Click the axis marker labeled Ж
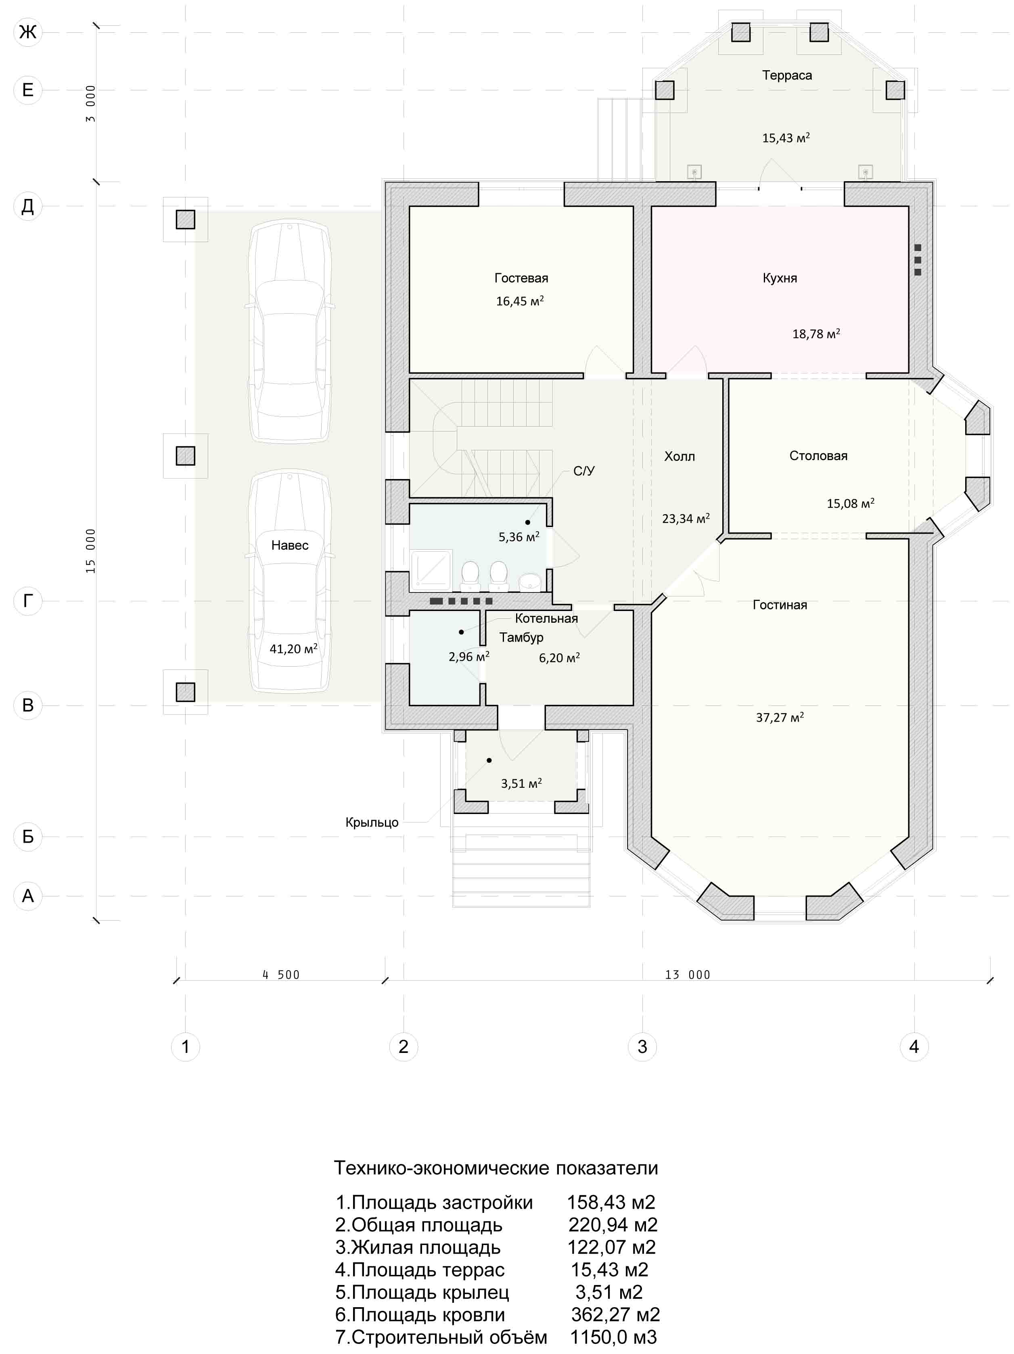click(27, 32)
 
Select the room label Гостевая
click(521, 278)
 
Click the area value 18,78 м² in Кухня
click(816, 334)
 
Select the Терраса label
click(787, 75)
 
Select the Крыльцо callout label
click(372, 822)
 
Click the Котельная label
click(546, 618)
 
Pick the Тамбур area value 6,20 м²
click(559, 657)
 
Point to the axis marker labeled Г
click(27, 601)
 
